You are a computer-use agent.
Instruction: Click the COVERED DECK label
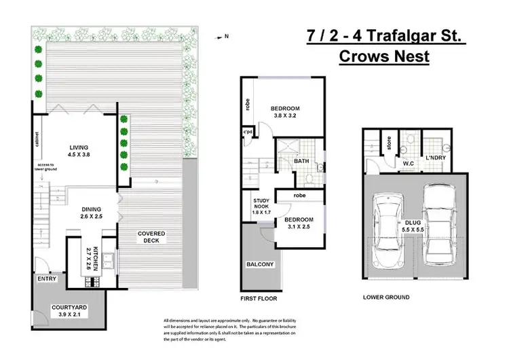pos(151,238)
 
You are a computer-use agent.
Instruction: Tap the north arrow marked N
pos(224,37)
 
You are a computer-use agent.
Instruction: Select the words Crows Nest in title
pos(383,56)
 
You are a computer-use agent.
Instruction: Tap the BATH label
pos(302,162)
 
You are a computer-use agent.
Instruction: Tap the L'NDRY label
pos(434,158)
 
